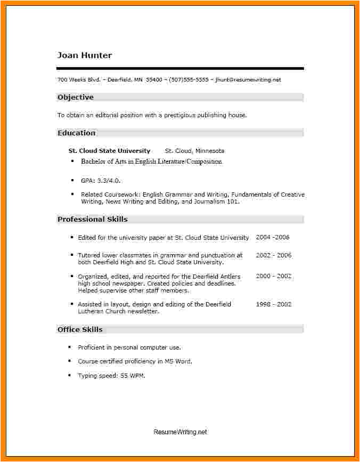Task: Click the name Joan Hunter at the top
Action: coord(85,55)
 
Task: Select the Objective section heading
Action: coord(76,97)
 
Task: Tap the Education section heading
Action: coord(77,133)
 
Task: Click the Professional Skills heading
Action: coord(93,219)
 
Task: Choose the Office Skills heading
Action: coord(80,329)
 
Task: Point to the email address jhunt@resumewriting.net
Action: coord(248,79)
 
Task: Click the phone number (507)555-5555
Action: coord(189,79)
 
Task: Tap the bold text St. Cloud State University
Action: coord(110,151)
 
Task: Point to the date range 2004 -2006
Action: coord(273,237)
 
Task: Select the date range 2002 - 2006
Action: coord(273,255)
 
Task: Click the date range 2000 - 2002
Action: coord(273,276)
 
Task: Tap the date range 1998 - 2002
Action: coord(273,304)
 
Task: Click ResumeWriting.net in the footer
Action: coord(180,432)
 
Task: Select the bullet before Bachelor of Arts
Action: coord(72,161)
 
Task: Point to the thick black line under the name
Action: coord(180,68)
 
